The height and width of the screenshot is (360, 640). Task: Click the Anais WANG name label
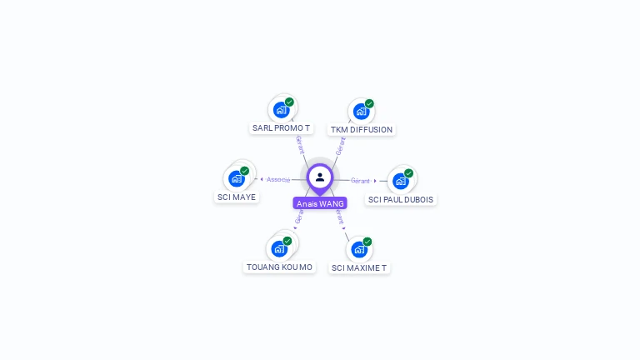point(320,203)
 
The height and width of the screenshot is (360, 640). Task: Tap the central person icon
point(320,177)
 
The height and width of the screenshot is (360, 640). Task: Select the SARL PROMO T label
point(282,128)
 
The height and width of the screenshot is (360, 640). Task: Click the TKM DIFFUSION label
point(361,130)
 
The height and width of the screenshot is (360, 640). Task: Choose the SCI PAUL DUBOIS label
point(401,200)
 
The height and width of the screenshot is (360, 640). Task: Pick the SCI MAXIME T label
point(359,268)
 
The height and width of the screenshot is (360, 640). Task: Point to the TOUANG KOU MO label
point(280,267)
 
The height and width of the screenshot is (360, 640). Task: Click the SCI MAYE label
point(237,197)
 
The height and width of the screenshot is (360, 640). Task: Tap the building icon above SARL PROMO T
point(281,109)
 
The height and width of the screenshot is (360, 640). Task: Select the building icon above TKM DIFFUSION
point(361,111)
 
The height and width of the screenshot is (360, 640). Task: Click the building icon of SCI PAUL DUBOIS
point(400,181)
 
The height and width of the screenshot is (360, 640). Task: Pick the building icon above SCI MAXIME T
point(358,249)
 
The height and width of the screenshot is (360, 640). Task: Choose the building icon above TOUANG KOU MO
point(279,248)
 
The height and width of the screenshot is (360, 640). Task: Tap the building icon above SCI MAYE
point(237,178)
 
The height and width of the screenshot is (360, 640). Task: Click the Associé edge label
point(278,179)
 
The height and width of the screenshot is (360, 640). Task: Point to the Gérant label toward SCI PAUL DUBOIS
point(360,181)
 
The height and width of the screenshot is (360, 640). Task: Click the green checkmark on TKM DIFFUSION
point(369,103)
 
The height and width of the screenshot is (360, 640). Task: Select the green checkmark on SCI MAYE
point(245,171)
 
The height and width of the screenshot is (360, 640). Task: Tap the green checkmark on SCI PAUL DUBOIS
point(408,173)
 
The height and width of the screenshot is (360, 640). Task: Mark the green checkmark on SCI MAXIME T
point(367,242)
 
